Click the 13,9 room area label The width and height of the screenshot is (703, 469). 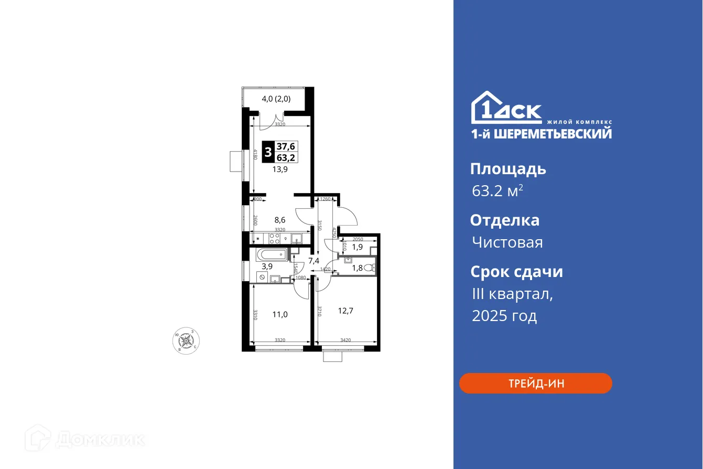tap(279, 169)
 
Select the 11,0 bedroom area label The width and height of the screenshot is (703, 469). tap(279, 315)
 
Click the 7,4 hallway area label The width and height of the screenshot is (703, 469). tap(314, 260)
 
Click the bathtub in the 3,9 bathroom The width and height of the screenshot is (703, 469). tap(271, 255)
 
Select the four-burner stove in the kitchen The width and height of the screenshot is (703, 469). tap(275, 239)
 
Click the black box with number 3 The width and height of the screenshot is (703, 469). tap(268, 152)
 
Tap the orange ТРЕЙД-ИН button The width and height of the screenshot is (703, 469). tap(535, 383)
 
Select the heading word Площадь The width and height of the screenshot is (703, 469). tap(508, 169)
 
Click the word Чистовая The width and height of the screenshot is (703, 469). tap(507, 242)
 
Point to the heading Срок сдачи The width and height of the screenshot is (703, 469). tap(516, 272)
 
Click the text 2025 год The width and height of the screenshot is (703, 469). tap(504, 316)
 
